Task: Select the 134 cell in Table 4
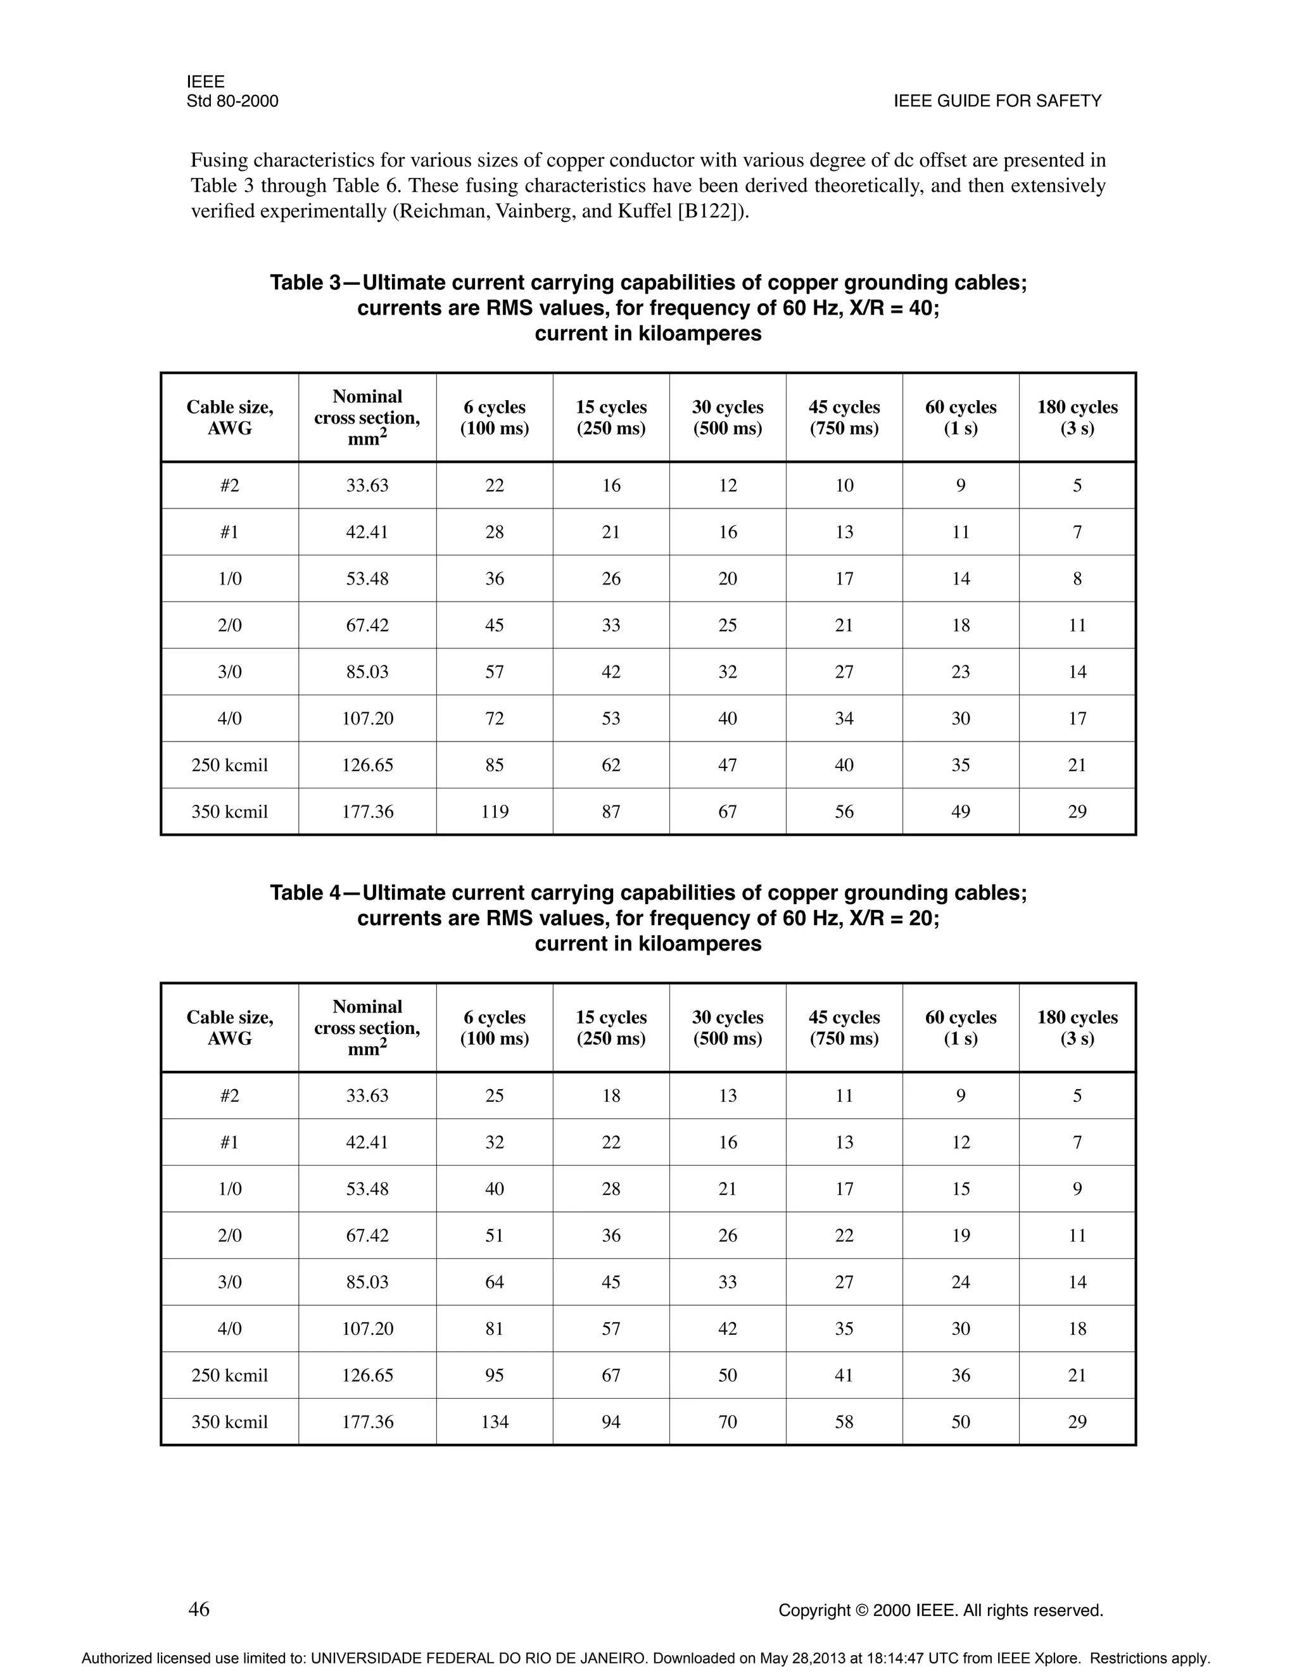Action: [494, 1422]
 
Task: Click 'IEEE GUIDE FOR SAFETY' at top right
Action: [997, 101]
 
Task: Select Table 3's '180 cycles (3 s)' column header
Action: [1077, 417]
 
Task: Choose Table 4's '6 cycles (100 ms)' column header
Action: [494, 1027]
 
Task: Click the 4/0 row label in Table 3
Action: [229, 719]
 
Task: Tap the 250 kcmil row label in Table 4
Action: [229, 1375]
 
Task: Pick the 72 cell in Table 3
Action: [494, 719]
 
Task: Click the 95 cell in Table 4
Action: [494, 1375]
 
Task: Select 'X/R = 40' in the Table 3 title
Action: [892, 308]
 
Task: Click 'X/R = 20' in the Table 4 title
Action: [892, 918]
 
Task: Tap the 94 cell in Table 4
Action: [611, 1422]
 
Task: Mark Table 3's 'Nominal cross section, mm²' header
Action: [367, 417]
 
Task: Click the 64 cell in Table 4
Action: [494, 1282]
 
